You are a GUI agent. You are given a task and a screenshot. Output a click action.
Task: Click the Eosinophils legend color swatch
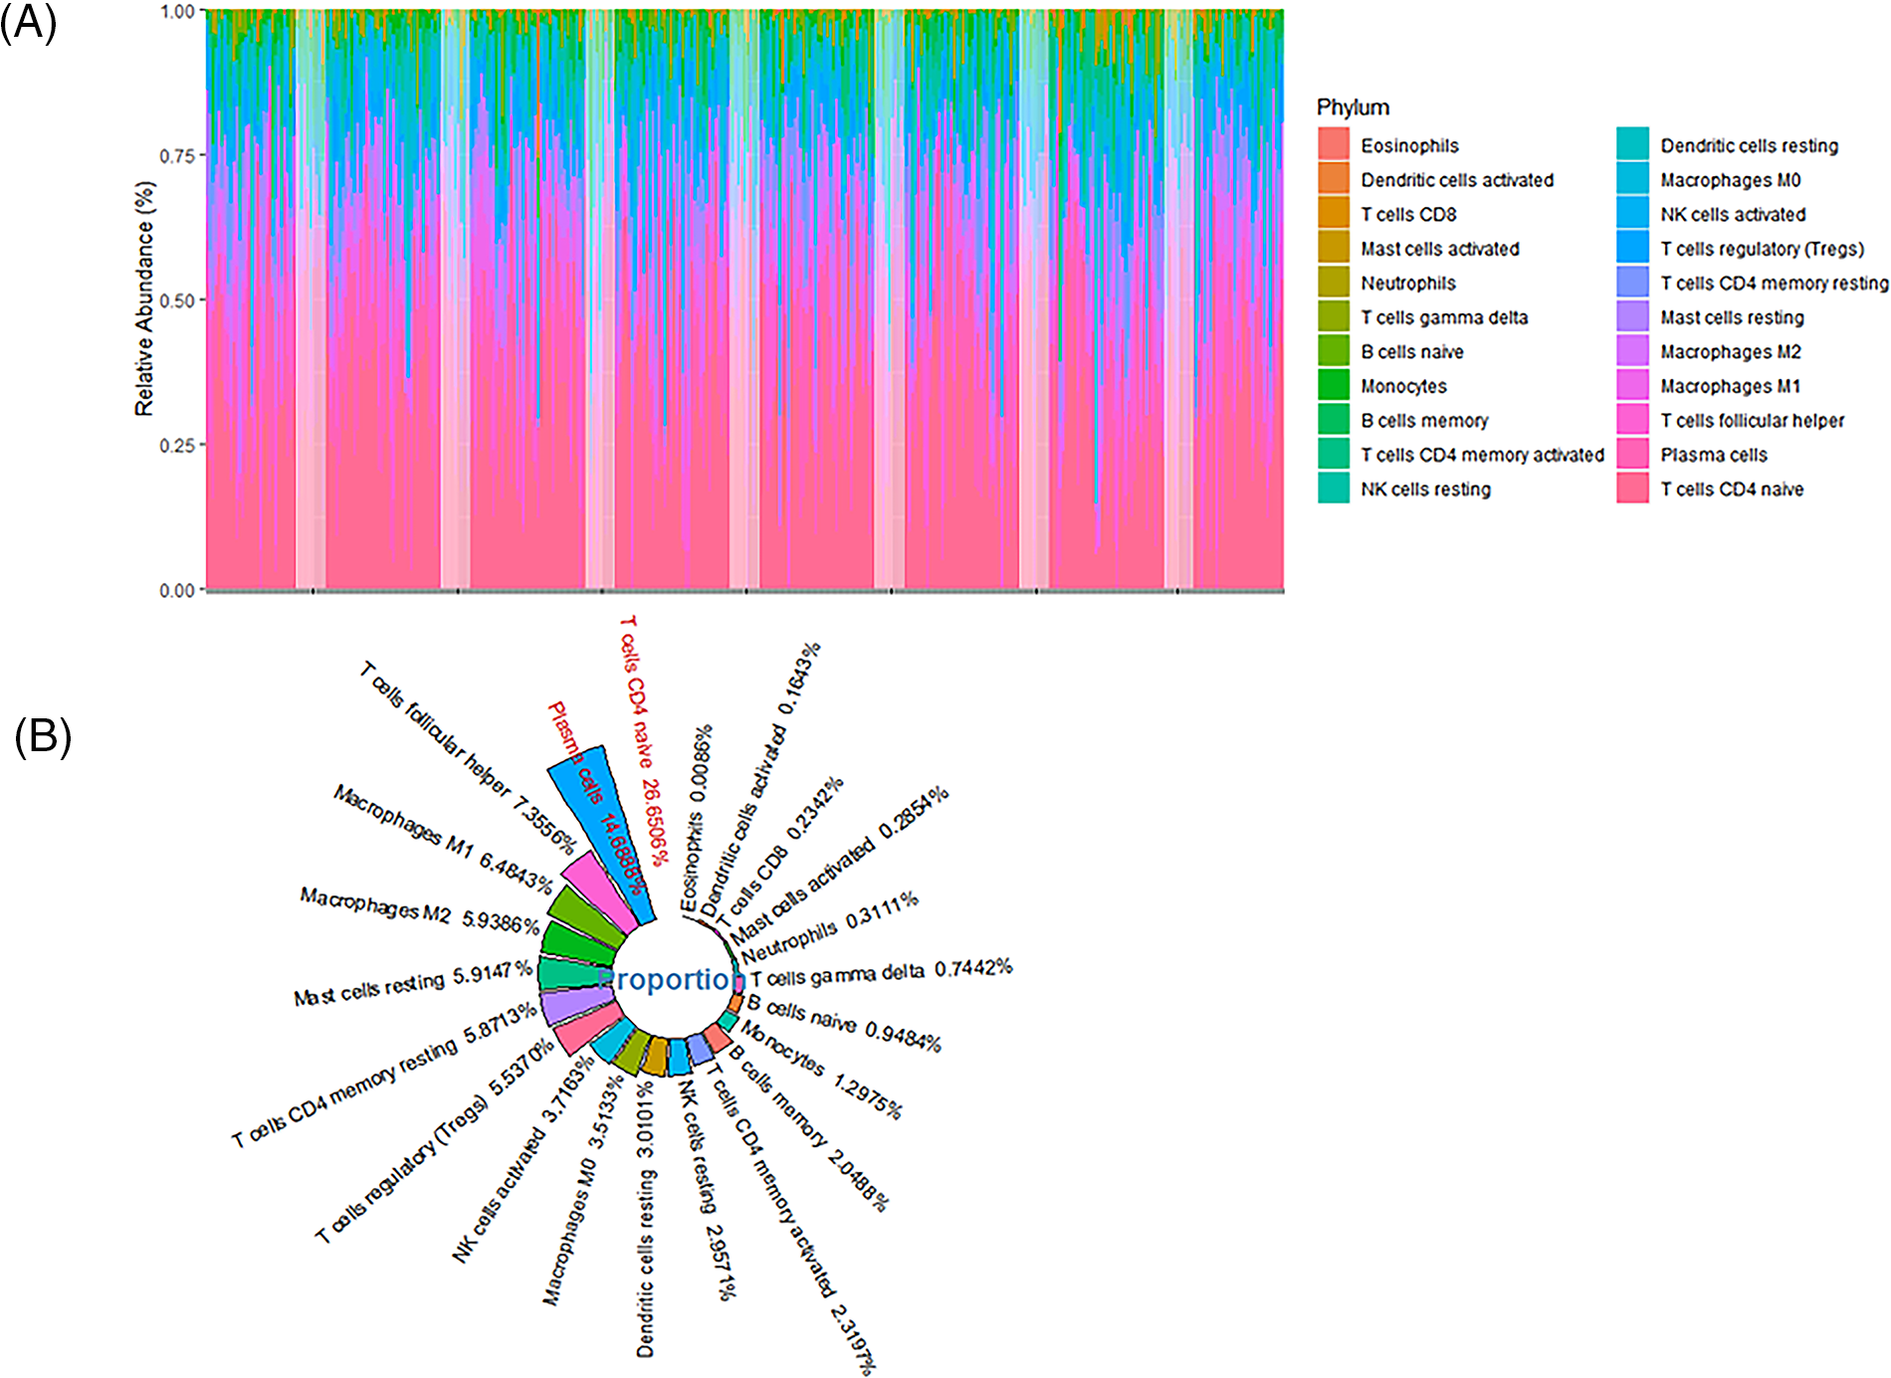tap(1334, 145)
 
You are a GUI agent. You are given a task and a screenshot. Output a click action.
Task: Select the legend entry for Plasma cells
tap(1713, 456)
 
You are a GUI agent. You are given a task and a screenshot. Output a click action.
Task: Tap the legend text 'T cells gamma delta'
tap(1443, 317)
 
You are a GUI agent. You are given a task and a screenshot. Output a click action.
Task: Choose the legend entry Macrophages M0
tap(1730, 180)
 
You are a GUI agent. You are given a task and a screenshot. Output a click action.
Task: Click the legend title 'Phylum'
tap(1352, 107)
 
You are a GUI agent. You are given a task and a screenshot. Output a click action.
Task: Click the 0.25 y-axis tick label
tap(177, 445)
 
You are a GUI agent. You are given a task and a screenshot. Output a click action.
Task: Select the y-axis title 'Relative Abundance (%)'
tap(144, 298)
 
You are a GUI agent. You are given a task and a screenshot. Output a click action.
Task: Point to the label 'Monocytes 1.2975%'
tap(821, 1071)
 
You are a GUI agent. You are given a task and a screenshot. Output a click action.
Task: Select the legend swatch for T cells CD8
tap(1334, 214)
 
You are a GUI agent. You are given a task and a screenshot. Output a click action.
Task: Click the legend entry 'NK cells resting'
tap(1425, 490)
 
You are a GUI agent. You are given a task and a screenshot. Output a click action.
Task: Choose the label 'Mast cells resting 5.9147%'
tap(412, 984)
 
